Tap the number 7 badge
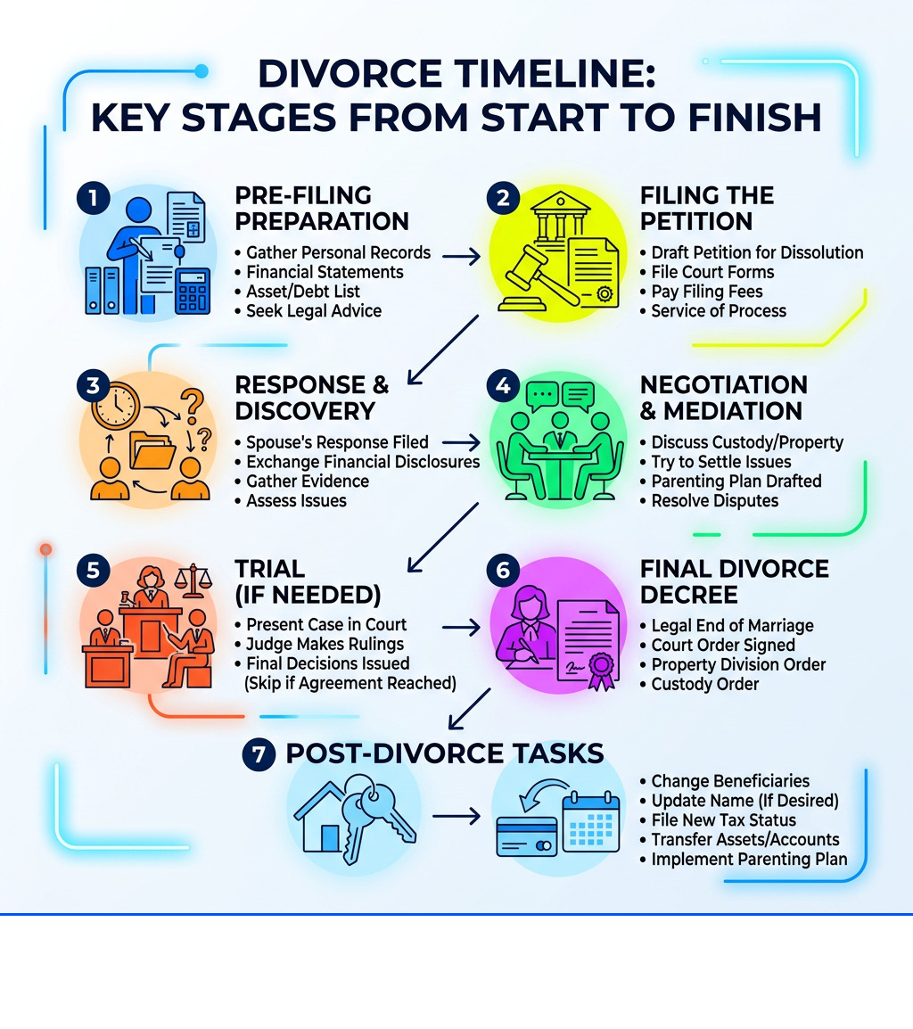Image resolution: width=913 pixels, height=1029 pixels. (x=259, y=753)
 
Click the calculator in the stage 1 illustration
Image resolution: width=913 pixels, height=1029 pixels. (x=193, y=291)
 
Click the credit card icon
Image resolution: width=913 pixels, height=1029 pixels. (x=526, y=836)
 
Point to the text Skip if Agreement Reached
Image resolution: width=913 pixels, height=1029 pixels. (x=350, y=683)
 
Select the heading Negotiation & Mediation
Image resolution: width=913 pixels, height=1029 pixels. (x=723, y=398)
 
